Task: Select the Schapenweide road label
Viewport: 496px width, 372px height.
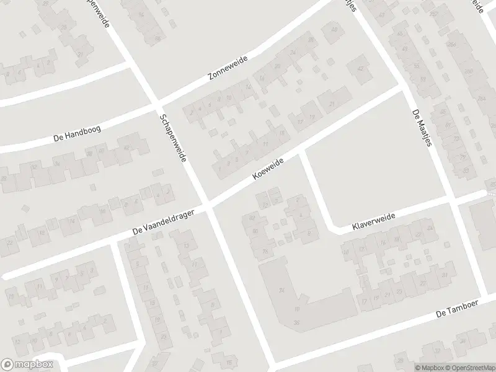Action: tap(173, 138)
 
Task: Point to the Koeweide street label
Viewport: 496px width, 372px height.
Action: tap(268, 169)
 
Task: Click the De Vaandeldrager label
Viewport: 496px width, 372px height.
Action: tap(164, 221)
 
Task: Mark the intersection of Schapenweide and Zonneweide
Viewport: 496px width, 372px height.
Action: tap(155, 102)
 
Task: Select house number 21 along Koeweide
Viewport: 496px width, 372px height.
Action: tap(332, 104)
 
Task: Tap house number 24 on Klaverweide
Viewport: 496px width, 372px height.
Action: tap(430, 229)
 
